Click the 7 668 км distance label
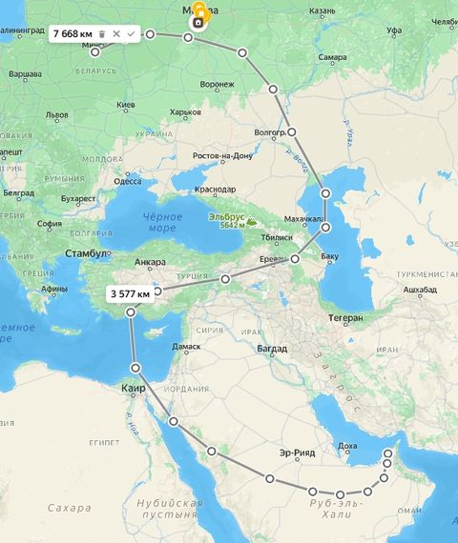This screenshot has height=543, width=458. pyautogui.click(x=73, y=33)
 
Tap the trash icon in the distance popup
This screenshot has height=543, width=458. pyautogui.click(x=102, y=33)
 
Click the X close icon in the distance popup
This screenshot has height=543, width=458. pyautogui.click(x=116, y=33)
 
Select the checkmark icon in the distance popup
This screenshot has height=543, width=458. pyautogui.click(x=131, y=33)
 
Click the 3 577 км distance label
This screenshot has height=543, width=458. pyautogui.click(x=130, y=293)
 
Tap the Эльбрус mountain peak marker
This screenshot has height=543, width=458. pyautogui.click(x=251, y=221)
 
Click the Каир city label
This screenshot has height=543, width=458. pyautogui.click(x=132, y=389)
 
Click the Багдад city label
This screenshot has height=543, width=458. pyautogui.click(x=272, y=349)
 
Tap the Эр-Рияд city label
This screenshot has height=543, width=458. pyautogui.click(x=296, y=452)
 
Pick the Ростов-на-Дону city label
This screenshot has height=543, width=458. pyautogui.click(x=222, y=155)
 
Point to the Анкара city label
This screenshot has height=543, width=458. pyautogui.click(x=151, y=262)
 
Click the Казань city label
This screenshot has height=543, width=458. pyautogui.click(x=323, y=10)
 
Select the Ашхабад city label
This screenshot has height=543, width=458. pyautogui.click(x=420, y=288)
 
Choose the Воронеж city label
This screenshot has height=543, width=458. pyautogui.click(x=218, y=84)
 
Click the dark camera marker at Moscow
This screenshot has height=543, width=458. pyautogui.click(x=198, y=21)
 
